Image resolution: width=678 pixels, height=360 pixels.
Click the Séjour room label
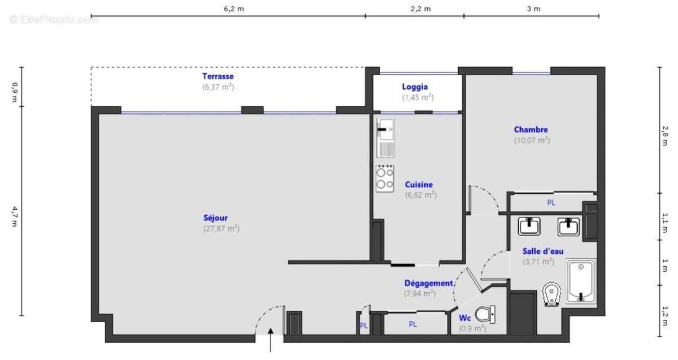pyautogui.click(x=215, y=218)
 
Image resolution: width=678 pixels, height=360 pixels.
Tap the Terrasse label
pyautogui.click(x=218, y=76)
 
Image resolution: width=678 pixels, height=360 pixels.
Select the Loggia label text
pyautogui.click(x=415, y=87)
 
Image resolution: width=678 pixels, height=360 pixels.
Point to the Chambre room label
pyautogui.click(x=531, y=129)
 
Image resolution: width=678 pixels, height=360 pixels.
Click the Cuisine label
pyautogui.click(x=419, y=184)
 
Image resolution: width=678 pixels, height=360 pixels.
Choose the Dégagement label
pyautogui.click(x=428, y=283)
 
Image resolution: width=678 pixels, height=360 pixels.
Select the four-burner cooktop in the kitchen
pyautogui.click(x=385, y=178)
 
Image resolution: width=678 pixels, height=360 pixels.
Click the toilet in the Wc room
pyautogui.click(x=485, y=314)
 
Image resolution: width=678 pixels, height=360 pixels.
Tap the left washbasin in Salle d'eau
pyautogui.click(x=529, y=227)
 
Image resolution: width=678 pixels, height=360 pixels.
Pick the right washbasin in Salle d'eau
pyautogui.click(x=568, y=227)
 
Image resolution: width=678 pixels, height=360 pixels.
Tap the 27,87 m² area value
pyautogui.click(x=221, y=229)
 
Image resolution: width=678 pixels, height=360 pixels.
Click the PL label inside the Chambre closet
pyautogui.click(x=550, y=202)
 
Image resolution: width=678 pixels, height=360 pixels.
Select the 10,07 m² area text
pyautogui.click(x=532, y=140)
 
